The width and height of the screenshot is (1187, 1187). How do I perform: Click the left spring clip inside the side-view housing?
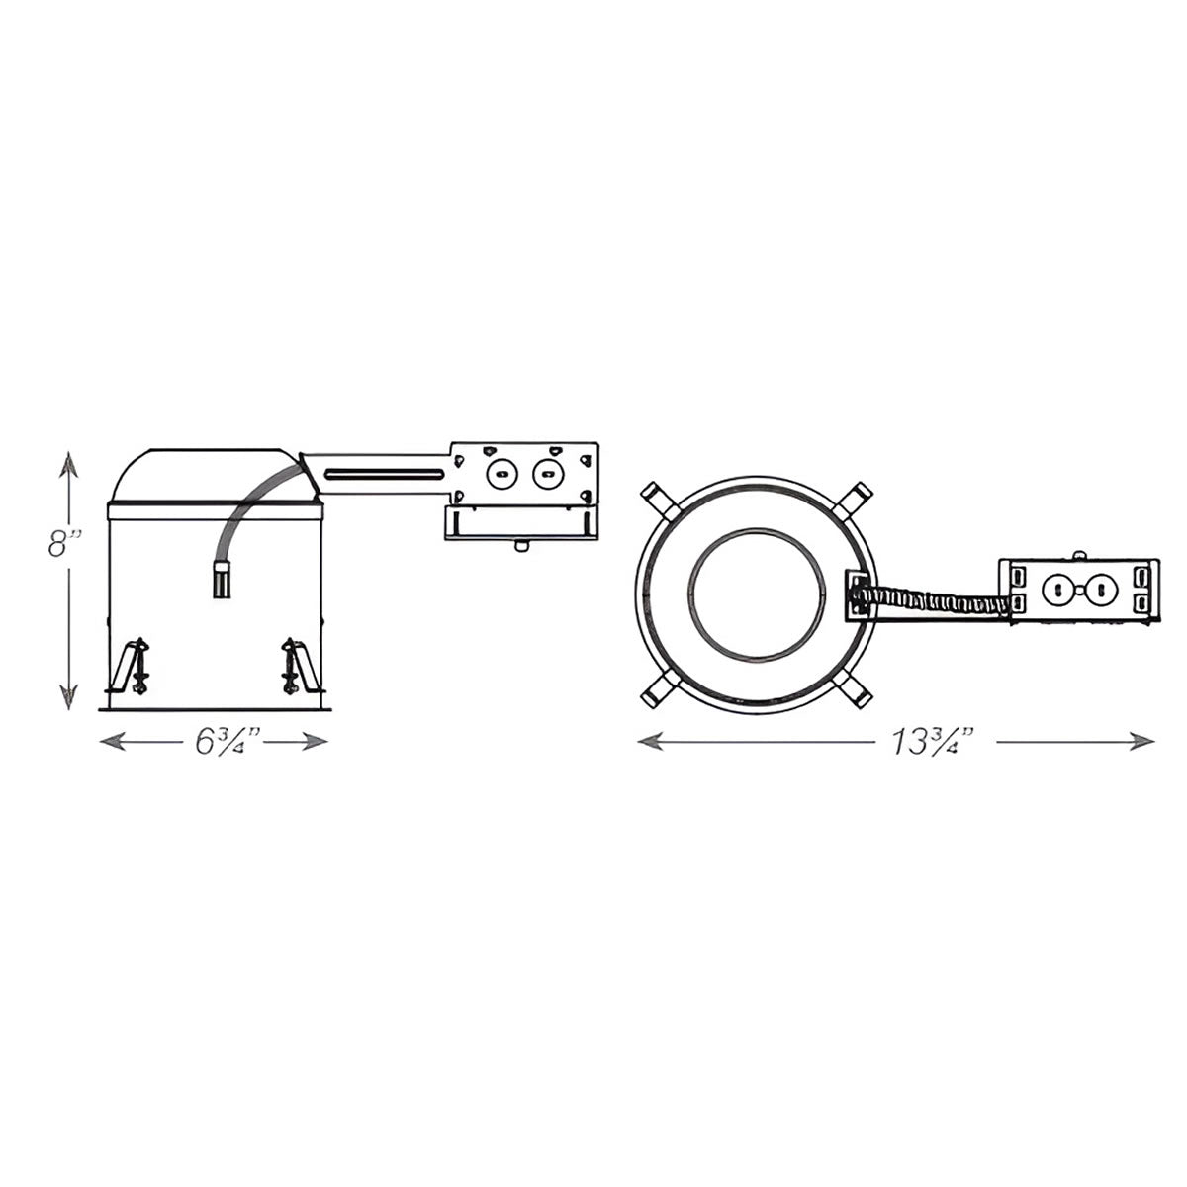136,665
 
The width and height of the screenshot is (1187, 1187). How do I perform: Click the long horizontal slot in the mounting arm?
384,473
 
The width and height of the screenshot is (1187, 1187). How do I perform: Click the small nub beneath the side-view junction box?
520,544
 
